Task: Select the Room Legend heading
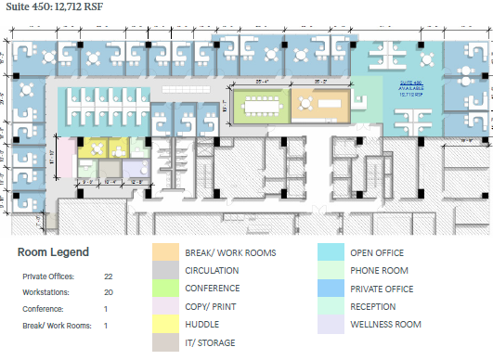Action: click(54, 251)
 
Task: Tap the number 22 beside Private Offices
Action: click(109, 276)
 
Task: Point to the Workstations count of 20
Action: click(109, 292)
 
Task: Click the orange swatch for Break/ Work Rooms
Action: click(166, 252)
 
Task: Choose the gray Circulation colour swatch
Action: click(166, 271)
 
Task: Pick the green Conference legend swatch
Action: click(166, 289)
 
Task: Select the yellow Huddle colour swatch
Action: click(166, 325)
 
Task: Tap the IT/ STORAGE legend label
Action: click(210, 343)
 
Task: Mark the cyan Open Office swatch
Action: click(331, 252)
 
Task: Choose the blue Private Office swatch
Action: click(331, 289)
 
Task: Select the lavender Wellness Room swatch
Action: click(331, 325)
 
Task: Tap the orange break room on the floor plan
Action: click(321, 105)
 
